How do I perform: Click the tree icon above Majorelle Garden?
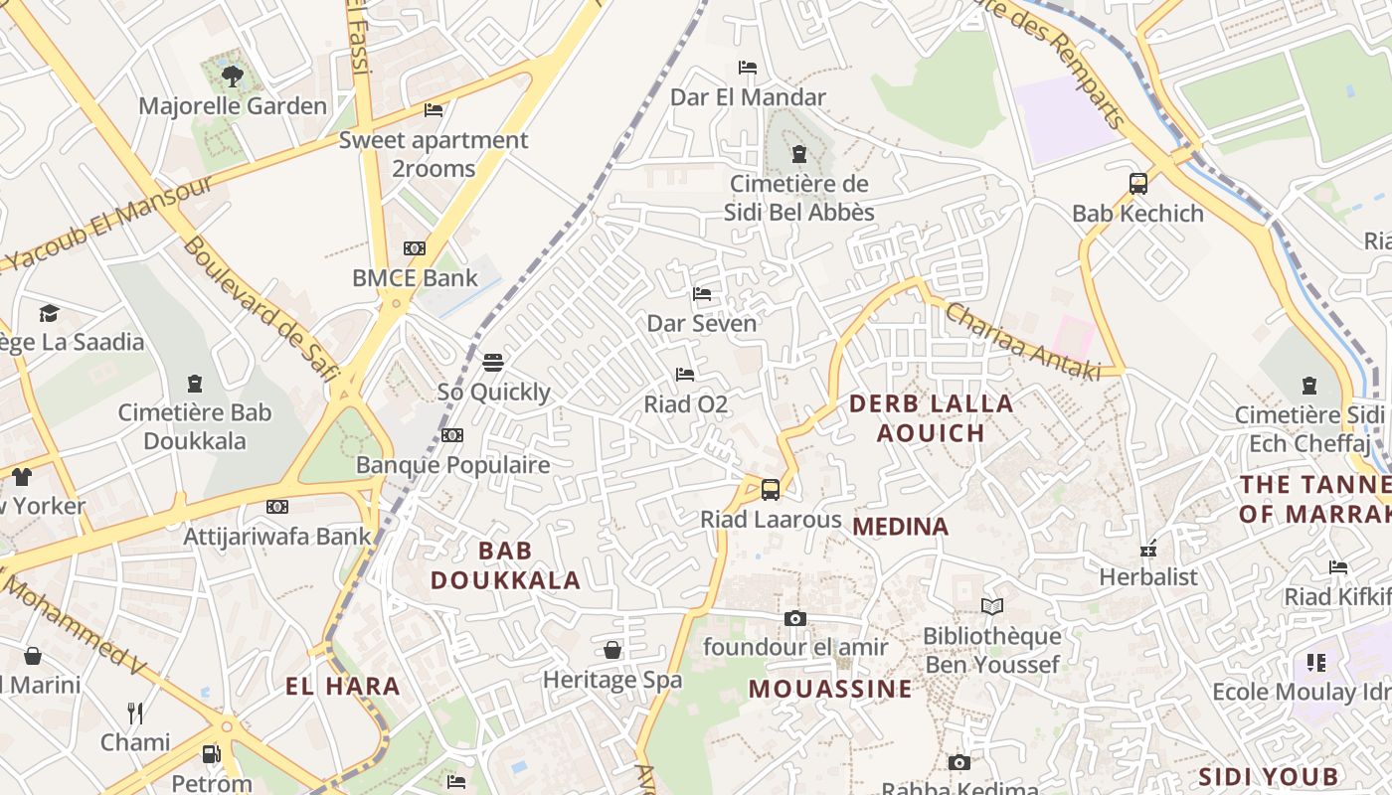232,76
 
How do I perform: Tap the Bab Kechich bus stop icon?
1138,184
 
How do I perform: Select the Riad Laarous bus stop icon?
771,489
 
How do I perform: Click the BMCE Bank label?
416,278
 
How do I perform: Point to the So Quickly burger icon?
493,363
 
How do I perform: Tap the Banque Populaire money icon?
452,435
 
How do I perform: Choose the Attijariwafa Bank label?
277,537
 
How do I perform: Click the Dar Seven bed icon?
702,294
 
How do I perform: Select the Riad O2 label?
686,404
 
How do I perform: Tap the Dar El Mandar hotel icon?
748,68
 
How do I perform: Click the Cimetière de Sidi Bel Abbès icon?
798,154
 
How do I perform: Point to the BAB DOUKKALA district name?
505,565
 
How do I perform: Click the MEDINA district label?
901,527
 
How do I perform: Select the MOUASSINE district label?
830,689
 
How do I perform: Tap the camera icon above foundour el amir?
794,618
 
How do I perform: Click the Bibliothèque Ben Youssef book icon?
991,606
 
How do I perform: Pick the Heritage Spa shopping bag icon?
612,650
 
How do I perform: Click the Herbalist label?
1148,577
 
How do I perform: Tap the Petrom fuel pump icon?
211,754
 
